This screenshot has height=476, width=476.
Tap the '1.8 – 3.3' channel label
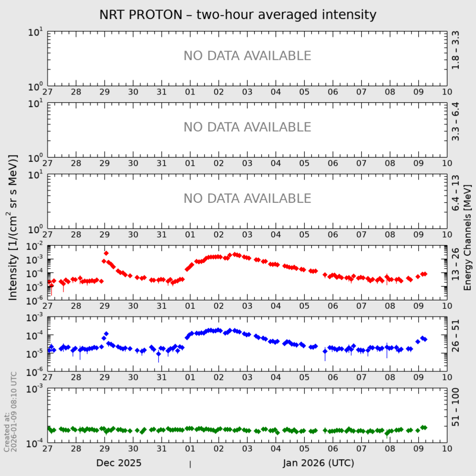point(455,50)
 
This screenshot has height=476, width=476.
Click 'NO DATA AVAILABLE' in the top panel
point(247,56)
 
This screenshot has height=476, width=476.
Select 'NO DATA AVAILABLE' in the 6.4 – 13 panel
point(247,198)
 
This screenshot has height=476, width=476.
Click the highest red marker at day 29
point(106,253)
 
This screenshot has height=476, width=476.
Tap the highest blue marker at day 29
point(106,334)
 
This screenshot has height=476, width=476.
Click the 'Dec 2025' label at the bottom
point(118,462)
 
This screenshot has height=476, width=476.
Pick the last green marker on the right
point(424,427)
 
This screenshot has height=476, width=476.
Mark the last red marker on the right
point(425,274)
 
